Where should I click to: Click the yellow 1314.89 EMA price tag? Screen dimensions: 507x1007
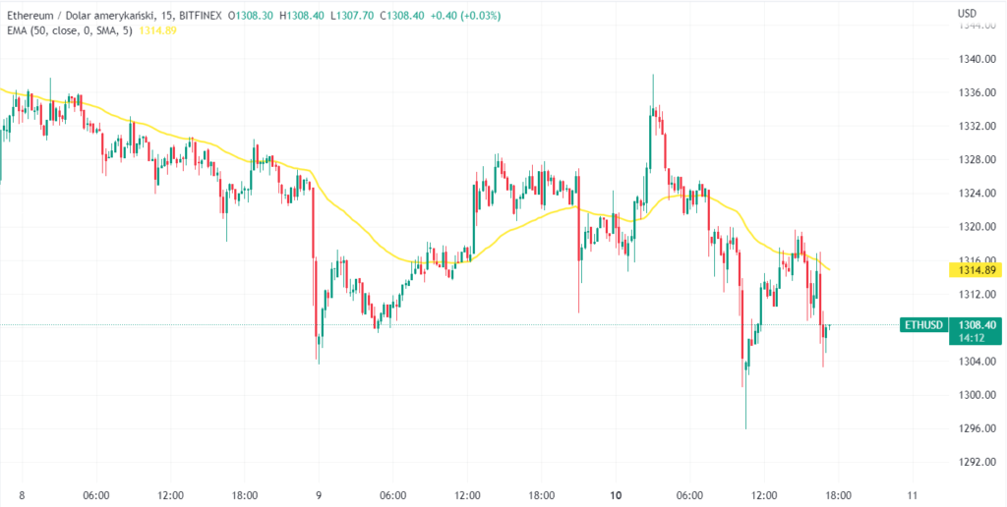pos(975,269)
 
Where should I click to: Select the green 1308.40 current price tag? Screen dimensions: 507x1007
pos(975,323)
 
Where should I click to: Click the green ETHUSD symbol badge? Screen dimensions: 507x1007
pos(922,324)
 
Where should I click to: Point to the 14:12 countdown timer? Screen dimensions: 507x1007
pos(975,337)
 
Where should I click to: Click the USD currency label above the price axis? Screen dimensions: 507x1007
pos(967,14)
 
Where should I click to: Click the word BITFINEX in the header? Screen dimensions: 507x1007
pos(202,15)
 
